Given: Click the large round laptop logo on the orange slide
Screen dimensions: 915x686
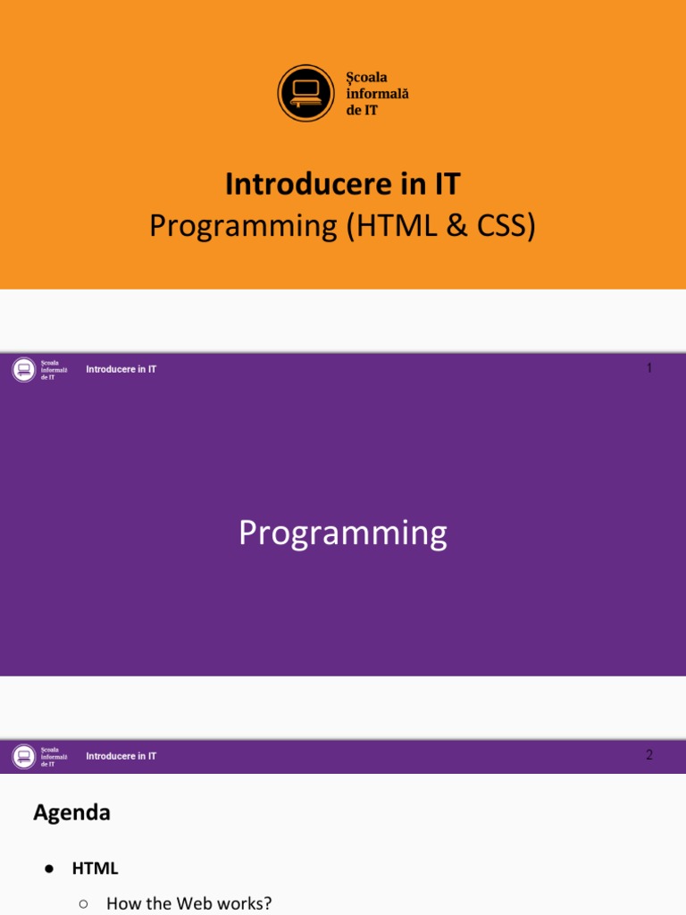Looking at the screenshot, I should [x=305, y=93].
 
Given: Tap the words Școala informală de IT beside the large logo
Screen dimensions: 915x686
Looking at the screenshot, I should [x=377, y=94].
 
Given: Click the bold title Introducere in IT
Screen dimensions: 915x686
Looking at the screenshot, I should [x=342, y=184].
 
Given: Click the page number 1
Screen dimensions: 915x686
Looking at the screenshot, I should [x=649, y=368].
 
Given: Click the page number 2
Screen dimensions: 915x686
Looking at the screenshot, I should [x=649, y=755].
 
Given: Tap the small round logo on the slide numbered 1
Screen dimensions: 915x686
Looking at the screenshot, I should [x=24, y=370].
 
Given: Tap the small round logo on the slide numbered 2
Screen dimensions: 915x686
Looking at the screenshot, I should [x=24, y=757].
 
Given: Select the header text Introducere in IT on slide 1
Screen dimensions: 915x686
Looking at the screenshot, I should [x=121, y=369].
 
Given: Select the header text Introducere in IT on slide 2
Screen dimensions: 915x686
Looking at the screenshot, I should [x=121, y=756].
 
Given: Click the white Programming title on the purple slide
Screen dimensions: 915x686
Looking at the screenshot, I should [x=342, y=533].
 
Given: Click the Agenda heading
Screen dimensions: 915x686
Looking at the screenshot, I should [x=71, y=812].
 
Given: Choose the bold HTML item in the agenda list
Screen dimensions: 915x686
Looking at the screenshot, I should [x=95, y=869].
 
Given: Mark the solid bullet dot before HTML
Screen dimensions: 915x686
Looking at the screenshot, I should [x=50, y=869].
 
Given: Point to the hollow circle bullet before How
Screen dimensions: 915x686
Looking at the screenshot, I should [x=83, y=903].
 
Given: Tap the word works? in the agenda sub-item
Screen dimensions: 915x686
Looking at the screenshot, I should [x=245, y=903].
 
